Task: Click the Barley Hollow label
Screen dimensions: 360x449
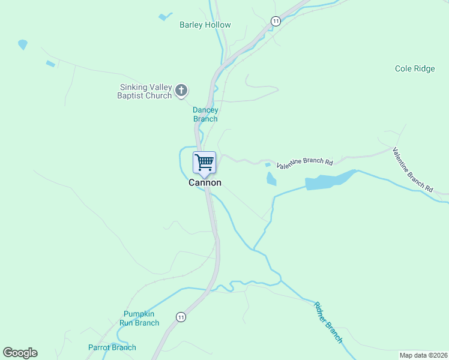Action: pos(205,25)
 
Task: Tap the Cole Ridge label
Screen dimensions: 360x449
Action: pos(415,69)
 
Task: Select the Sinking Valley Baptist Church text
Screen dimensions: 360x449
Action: pos(145,91)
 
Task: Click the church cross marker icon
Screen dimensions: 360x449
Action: pos(181,91)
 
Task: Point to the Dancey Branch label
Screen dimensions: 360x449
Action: pos(205,114)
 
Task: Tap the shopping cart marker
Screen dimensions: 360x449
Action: pos(204,162)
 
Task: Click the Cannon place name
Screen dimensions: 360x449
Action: pos(205,182)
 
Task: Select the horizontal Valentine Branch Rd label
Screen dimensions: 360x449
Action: pos(304,162)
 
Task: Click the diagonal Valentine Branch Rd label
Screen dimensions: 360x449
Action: pos(412,170)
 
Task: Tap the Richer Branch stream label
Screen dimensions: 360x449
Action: pos(328,323)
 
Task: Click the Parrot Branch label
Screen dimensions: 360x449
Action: pos(112,347)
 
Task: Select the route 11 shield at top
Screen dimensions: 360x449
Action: pos(275,21)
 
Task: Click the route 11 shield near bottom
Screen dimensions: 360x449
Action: pos(181,316)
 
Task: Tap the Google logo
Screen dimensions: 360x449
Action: pos(20,353)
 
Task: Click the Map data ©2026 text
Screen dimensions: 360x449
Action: pos(423,355)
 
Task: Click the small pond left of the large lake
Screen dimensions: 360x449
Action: pos(271,178)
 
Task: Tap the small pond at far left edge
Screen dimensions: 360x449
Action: pos(23,44)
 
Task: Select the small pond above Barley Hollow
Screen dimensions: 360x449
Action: pos(165,17)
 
